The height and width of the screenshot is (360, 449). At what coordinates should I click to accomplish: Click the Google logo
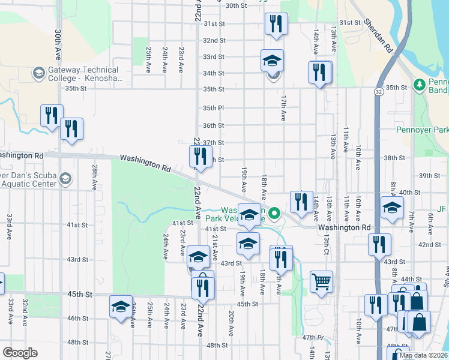20,353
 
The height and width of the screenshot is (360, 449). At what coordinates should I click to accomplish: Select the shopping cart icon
321,281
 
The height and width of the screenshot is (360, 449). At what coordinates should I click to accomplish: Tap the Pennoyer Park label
423,130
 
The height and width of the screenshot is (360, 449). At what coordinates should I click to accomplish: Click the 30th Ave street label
58,43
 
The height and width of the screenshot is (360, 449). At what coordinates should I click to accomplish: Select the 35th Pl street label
212,108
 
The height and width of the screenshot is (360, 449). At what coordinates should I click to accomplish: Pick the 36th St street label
212,125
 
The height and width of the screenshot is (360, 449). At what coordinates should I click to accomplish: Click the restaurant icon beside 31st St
276,24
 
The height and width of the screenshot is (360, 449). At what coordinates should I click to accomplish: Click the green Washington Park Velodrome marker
274,212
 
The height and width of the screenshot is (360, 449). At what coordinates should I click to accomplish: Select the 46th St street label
77,318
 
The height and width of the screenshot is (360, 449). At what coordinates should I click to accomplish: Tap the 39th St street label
429,175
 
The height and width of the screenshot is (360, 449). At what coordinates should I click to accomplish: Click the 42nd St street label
429,245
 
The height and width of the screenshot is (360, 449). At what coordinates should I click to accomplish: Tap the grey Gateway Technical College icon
39,73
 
